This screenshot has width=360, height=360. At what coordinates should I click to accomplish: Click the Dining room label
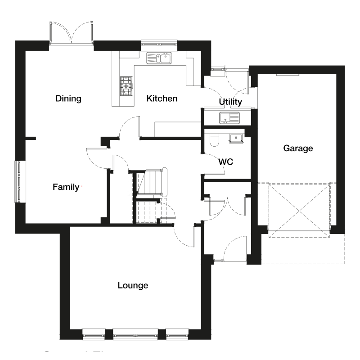pyautogui.click(x=68, y=99)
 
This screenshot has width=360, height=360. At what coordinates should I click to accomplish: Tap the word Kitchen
pyautogui.click(x=162, y=99)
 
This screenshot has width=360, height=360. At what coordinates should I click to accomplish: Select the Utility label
pyautogui.click(x=230, y=102)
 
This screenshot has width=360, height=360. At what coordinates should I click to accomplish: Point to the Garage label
pyautogui.click(x=298, y=148)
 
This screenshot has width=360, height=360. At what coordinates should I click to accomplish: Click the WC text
pyautogui.click(x=225, y=162)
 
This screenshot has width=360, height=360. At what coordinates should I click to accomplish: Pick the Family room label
pyautogui.click(x=66, y=187)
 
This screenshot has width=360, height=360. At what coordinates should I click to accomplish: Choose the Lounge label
pyautogui.click(x=133, y=285)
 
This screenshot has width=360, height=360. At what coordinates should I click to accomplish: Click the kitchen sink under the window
pyautogui.click(x=159, y=58)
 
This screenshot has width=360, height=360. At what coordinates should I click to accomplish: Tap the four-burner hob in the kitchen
pyautogui.click(x=126, y=85)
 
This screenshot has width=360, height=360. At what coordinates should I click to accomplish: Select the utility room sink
pyautogui.click(x=230, y=118)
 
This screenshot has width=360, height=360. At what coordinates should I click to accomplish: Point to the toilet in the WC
pyautogui.click(x=214, y=140)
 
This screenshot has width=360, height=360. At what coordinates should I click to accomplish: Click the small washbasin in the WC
pyautogui.click(x=236, y=138)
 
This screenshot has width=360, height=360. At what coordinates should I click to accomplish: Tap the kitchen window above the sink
pyautogui.click(x=159, y=43)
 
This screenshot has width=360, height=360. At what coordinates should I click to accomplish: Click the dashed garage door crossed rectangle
pyautogui.click(x=299, y=209)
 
